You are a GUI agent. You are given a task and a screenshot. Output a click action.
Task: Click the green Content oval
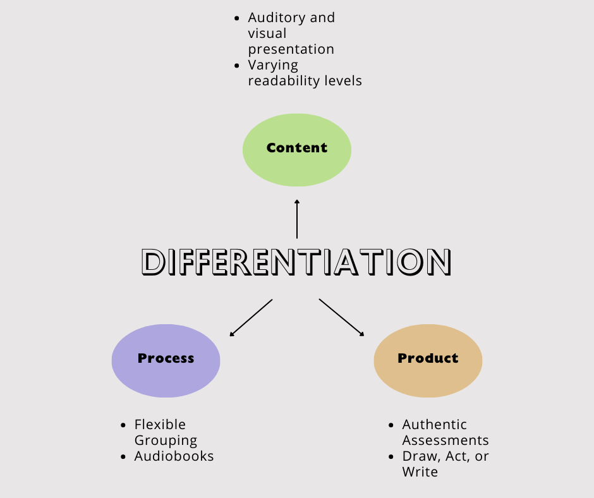pos(297,150)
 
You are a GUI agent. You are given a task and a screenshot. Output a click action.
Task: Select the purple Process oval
pos(166,360)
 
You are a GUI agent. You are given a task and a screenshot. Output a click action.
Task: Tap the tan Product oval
pos(428,360)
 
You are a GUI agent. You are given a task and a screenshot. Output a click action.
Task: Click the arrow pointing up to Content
pos(297,219)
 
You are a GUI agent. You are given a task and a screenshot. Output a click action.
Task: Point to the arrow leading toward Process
pos(251,317)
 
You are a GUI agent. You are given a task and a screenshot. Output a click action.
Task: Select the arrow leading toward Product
pos(342,317)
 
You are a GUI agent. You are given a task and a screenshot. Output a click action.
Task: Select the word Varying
pos(273,65)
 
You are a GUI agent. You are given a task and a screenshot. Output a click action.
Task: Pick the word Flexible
pos(160,424)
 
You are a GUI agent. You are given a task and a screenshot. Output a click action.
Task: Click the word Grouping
pos(166,440)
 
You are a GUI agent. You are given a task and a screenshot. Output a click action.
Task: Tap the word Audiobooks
pos(174,456)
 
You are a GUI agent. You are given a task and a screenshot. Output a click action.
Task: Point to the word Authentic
pos(435,424)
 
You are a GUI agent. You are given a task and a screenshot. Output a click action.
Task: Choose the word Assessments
pos(445,440)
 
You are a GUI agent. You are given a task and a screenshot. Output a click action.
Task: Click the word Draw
pos(417,456)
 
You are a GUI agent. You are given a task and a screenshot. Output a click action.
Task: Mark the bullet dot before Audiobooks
pos(123,456)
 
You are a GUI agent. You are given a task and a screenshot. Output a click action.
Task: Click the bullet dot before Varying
pos(237,66)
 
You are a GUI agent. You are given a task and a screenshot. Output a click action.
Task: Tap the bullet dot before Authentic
pos(391,425)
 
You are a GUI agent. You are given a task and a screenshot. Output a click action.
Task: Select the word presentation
pos(291,49)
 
